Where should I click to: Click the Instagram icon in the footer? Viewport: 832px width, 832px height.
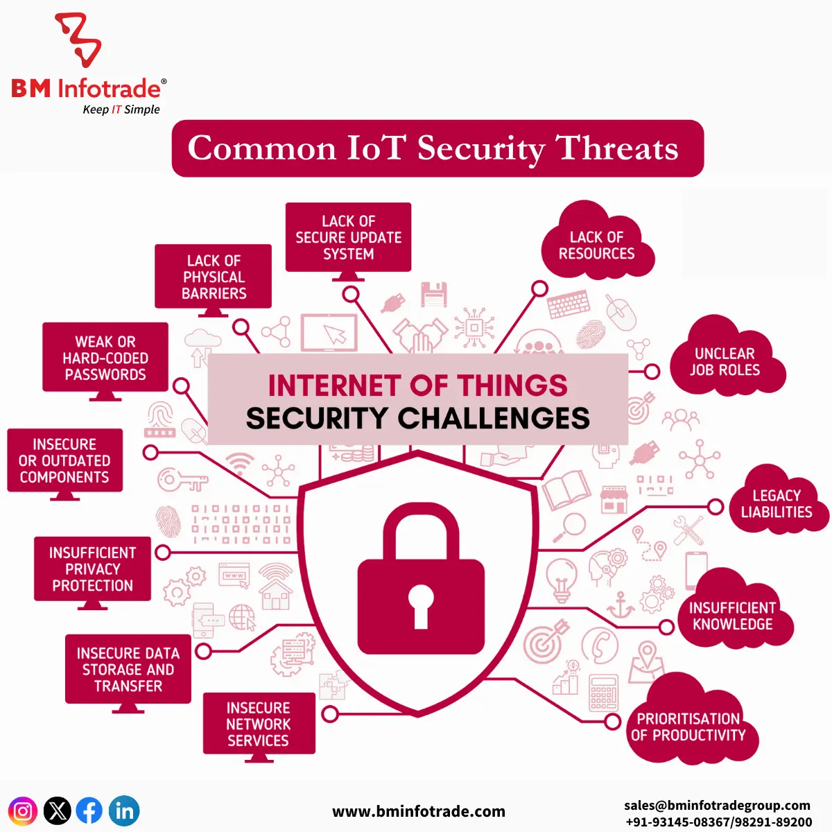pos(22,811)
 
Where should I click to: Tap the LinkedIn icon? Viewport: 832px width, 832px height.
pos(125,811)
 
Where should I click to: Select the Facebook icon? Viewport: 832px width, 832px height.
pos(89,811)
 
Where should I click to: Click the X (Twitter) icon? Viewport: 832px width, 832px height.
pos(57,811)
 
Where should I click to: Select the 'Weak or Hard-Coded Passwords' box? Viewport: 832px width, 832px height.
pos(105,358)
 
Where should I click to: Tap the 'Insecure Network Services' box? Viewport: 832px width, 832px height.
pos(259,724)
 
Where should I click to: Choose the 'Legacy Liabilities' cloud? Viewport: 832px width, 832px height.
pos(777,504)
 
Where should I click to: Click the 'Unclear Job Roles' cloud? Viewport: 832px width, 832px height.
pos(725,362)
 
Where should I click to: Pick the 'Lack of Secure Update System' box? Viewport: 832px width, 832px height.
pos(349,237)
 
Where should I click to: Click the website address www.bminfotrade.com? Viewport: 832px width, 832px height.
pos(419,811)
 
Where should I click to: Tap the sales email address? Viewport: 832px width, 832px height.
pos(717,805)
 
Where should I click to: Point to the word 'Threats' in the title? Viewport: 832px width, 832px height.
pos(617,148)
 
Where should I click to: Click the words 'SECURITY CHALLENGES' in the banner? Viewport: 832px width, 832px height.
pos(418,418)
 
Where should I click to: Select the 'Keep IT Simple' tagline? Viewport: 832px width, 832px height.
pos(121,110)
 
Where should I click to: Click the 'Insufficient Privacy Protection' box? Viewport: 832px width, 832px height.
pos(92,569)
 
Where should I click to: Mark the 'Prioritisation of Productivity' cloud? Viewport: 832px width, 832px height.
pos(688,727)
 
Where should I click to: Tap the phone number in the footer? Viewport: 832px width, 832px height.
pos(718,822)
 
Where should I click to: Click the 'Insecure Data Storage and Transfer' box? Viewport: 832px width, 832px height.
pos(128,670)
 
